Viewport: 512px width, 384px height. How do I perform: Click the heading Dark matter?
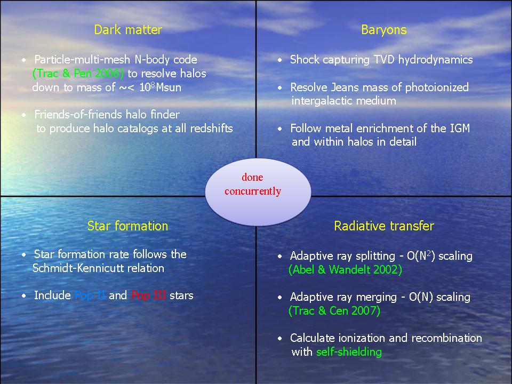(x=128, y=30)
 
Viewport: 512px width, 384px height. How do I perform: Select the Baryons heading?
(x=383, y=30)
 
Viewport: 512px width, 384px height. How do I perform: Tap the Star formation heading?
(x=127, y=226)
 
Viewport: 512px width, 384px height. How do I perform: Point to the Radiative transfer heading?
(x=384, y=226)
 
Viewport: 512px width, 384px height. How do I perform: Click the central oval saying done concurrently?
(x=258, y=192)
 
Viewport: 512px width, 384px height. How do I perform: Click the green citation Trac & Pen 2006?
(x=78, y=74)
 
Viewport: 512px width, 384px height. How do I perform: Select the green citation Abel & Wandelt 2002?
(x=345, y=270)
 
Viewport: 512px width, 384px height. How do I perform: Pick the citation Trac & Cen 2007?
(x=334, y=310)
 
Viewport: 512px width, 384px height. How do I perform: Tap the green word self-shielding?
(x=349, y=352)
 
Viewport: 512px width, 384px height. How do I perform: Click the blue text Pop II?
(x=90, y=295)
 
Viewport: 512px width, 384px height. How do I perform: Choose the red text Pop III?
(x=149, y=295)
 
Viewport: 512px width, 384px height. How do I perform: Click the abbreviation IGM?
(x=460, y=129)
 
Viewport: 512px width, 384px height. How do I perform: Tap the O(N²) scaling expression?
(x=439, y=255)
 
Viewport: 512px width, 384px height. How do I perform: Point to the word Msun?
(x=169, y=87)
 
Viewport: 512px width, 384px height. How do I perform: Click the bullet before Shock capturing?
(x=280, y=60)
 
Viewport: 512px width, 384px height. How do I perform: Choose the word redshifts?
(x=211, y=129)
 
